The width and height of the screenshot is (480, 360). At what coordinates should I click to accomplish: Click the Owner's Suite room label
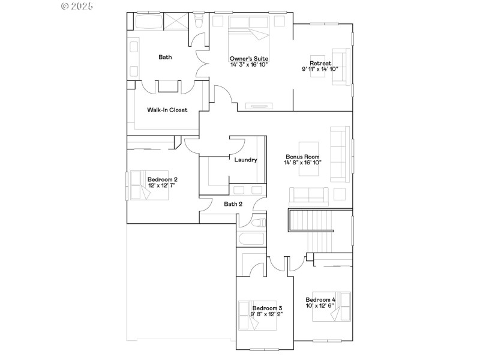coord(248,58)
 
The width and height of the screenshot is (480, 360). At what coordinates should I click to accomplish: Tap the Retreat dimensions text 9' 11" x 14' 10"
coord(320,69)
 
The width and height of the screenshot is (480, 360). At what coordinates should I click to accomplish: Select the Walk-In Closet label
coord(167,110)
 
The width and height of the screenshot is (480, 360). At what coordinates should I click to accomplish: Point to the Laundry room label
coord(245,160)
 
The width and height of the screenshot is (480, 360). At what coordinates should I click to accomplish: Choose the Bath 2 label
coord(233,204)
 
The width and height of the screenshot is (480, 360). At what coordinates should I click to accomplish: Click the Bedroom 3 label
coord(268,308)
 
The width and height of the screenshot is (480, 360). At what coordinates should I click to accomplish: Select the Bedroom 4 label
coord(320,299)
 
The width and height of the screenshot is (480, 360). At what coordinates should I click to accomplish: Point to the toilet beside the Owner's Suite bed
coord(199,23)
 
